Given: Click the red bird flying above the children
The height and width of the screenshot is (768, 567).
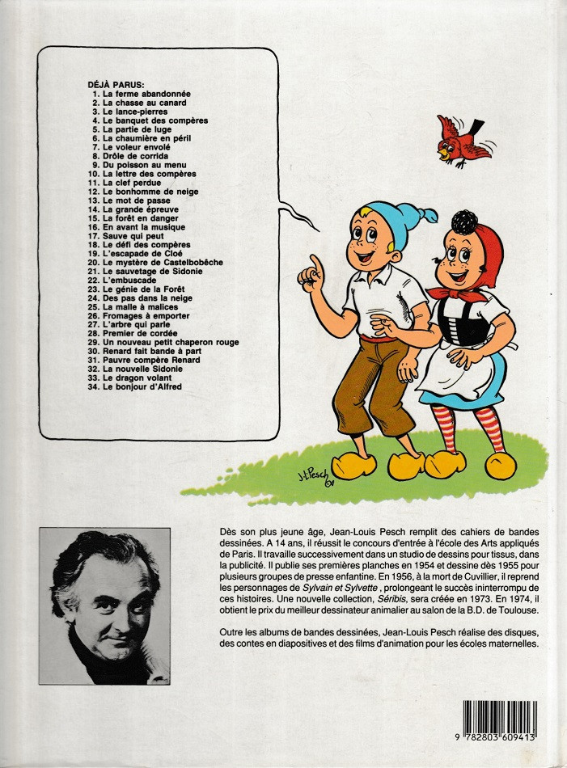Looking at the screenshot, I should [x=463, y=140].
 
